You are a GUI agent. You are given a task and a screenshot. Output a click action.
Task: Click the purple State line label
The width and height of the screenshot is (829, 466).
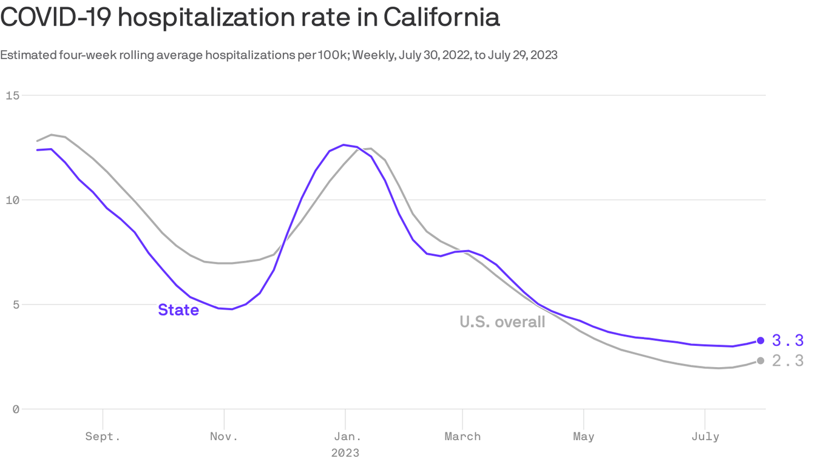(178, 310)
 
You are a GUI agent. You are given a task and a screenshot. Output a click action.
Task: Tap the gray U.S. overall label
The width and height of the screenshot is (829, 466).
(502, 322)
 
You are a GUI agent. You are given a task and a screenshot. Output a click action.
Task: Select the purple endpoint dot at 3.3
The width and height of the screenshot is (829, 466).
(760, 340)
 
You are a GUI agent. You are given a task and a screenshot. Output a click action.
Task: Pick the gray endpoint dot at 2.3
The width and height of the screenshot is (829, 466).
(760, 361)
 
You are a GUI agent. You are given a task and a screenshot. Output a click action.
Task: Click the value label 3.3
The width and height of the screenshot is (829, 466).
(788, 340)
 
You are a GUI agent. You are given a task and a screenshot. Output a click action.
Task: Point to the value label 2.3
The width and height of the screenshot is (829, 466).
(788, 361)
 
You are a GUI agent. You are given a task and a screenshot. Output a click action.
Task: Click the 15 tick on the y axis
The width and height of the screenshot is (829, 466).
(13, 95)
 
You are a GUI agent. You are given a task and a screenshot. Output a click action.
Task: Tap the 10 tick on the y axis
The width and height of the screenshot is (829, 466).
(13, 200)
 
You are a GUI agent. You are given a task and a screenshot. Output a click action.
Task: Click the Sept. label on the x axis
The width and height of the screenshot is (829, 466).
(103, 437)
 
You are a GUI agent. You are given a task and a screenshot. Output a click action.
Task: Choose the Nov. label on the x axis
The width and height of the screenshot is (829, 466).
(224, 437)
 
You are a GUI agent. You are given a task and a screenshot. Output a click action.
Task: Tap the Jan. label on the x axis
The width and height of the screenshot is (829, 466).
(345, 437)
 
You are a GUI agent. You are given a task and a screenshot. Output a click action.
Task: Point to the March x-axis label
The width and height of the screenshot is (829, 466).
(462, 437)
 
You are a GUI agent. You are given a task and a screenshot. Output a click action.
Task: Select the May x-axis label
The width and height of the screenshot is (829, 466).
(583, 437)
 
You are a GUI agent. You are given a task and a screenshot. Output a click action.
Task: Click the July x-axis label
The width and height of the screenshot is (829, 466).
(705, 437)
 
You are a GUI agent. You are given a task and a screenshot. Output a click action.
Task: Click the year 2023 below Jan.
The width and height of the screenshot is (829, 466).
(345, 453)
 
